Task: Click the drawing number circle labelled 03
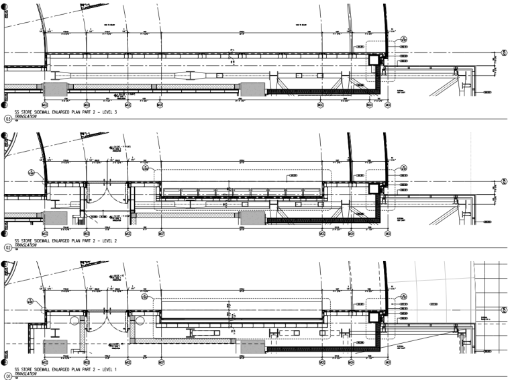coord(8,119)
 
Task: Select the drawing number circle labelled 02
coord(8,247)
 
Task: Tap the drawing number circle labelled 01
coord(8,376)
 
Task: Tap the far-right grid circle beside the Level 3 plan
coord(505,53)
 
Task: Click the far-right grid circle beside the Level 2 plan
coord(505,181)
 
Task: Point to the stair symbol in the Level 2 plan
coord(81,220)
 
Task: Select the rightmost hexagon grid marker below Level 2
coord(387,233)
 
